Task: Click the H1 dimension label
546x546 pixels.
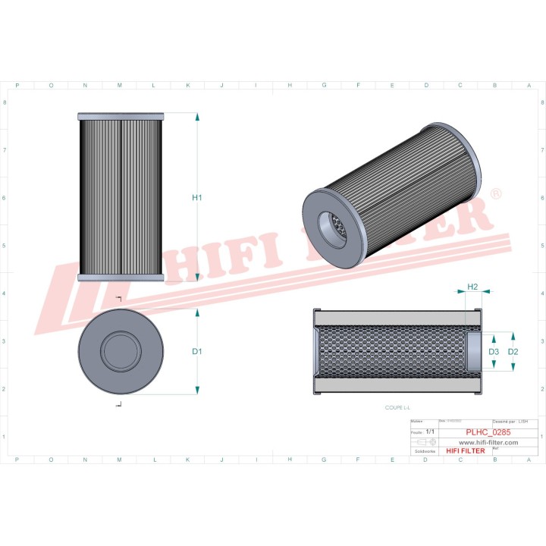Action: [196, 198]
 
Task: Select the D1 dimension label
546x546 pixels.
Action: [196, 352]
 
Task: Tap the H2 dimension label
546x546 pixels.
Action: [472, 287]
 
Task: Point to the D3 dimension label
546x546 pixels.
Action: [493, 353]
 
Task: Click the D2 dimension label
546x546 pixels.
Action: [513, 353]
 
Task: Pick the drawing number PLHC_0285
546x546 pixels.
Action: [487, 431]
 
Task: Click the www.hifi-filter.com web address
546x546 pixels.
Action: [488, 441]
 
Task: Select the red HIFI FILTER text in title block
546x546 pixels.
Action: [465, 450]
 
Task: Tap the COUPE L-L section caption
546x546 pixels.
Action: [396, 407]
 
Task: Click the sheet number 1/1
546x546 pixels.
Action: [431, 431]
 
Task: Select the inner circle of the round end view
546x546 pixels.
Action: [121, 351]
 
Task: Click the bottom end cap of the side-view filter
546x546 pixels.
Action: [121, 278]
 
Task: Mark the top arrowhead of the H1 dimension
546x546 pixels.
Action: [197, 117]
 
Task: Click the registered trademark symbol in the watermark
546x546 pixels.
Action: [495, 195]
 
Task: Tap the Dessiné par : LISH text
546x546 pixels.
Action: [510, 421]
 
